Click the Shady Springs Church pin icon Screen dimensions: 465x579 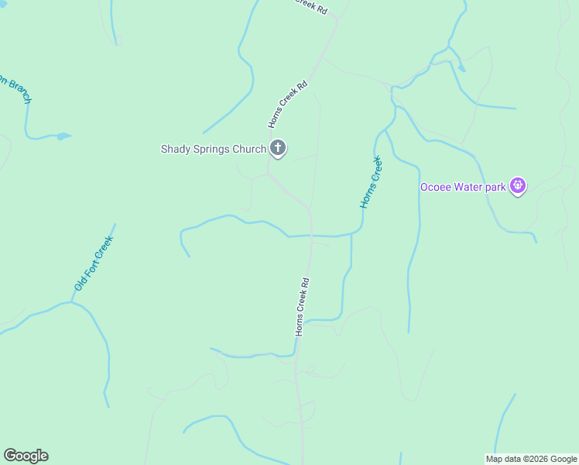278,148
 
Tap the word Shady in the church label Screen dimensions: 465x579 175,149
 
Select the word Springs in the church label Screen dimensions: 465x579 211,150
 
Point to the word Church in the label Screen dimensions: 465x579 249,149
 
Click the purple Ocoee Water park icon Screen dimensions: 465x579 518,186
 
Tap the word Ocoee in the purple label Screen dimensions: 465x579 436,187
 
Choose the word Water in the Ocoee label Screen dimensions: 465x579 469,187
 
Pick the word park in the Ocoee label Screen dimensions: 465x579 496,188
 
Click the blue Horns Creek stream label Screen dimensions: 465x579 372,182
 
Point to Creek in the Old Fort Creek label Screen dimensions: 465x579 104,248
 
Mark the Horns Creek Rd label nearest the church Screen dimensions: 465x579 289,103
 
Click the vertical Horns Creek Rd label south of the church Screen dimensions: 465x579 302,307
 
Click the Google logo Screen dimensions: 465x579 26,456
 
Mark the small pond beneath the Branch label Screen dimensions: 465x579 62,136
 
